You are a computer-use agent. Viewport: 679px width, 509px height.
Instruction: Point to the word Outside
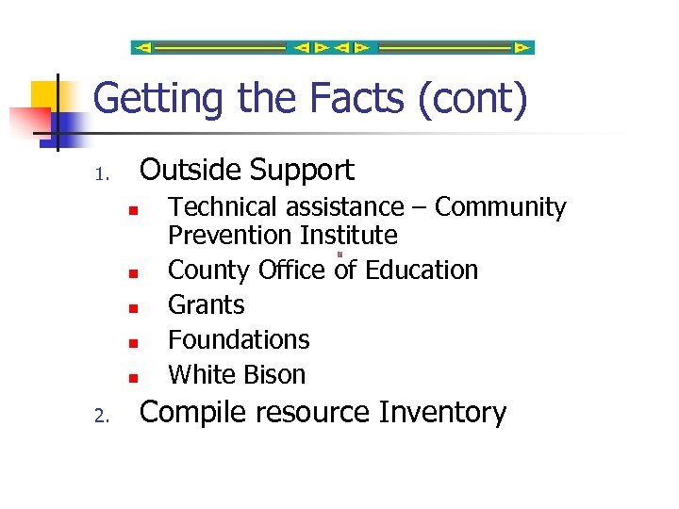pyautogui.click(x=190, y=170)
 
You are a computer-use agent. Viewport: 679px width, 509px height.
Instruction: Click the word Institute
pyautogui.click(x=349, y=235)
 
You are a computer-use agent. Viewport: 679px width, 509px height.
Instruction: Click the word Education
pyautogui.click(x=422, y=270)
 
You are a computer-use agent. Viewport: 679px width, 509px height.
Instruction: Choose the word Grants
pyautogui.click(x=206, y=305)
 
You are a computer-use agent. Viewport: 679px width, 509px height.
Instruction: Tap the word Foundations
pyautogui.click(x=239, y=339)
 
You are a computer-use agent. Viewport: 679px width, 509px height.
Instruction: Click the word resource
pyautogui.click(x=318, y=414)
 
